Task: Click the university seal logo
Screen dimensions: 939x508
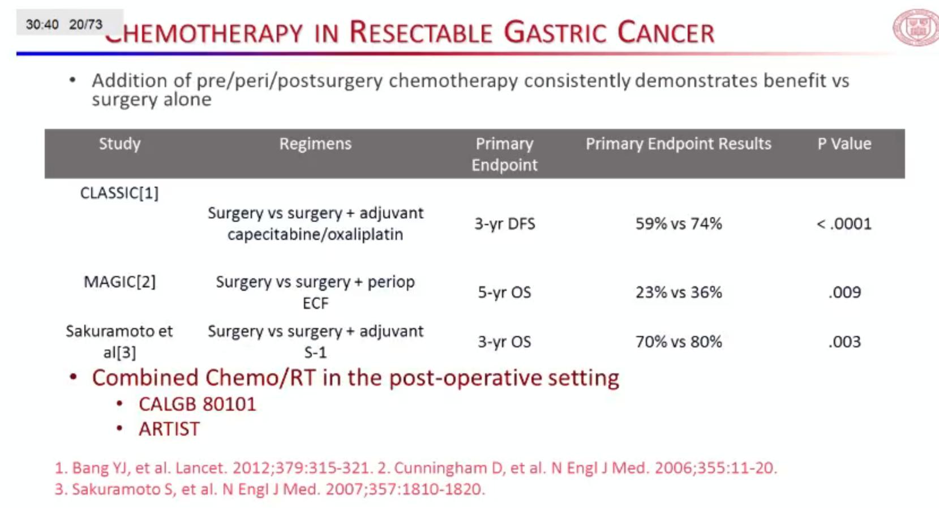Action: point(916,27)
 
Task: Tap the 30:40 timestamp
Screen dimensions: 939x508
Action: point(42,24)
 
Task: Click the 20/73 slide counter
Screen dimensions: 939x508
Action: point(85,24)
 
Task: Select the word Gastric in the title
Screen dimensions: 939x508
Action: point(555,32)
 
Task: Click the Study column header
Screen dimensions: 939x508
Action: point(119,144)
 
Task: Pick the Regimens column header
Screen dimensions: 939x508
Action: point(315,144)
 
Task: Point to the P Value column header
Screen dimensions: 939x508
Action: point(844,144)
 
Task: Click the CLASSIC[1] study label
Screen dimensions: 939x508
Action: point(119,193)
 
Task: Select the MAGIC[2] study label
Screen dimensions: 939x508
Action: point(119,282)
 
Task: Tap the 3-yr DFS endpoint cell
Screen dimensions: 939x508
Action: point(505,224)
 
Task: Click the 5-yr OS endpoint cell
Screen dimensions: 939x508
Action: point(505,292)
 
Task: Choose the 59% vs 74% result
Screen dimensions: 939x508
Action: point(679,224)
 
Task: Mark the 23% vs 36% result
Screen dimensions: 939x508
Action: point(679,292)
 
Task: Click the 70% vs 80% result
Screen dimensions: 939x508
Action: point(679,342)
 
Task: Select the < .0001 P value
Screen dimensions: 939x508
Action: point(844,224)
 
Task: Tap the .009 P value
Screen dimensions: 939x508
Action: point(844,292)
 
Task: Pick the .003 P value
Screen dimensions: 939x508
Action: point(844,342)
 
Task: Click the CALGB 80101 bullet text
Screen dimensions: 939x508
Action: point(198,404)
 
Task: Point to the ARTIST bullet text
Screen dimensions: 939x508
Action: point(169,429)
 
